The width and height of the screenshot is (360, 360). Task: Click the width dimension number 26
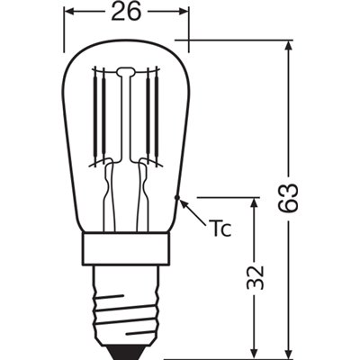pyautogui.click(x=126, y=14)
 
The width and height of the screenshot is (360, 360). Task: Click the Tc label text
pyautogui.click(x=220, y=227)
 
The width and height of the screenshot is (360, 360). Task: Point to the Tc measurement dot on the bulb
pyautogui.click(x=180, y=197)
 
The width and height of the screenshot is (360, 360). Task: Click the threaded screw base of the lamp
pyautogui.click(x=126, y=301)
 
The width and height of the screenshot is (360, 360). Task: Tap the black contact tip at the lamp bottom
pyautogui.click(x=126, y=349)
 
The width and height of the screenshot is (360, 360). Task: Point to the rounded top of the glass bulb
pyautogui.click(x=126, y=42)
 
